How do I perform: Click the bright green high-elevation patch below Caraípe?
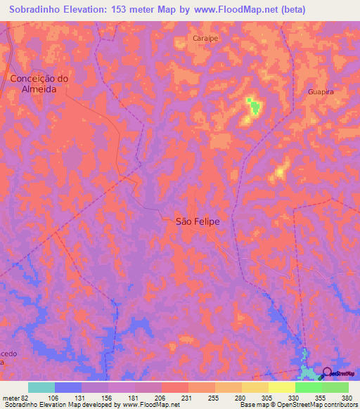pos(253,107)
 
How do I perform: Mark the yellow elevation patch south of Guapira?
pos(281,171)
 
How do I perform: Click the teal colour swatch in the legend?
pos(41,387)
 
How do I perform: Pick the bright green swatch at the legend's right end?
pos(335,387)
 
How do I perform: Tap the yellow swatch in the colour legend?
pos(282,387)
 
